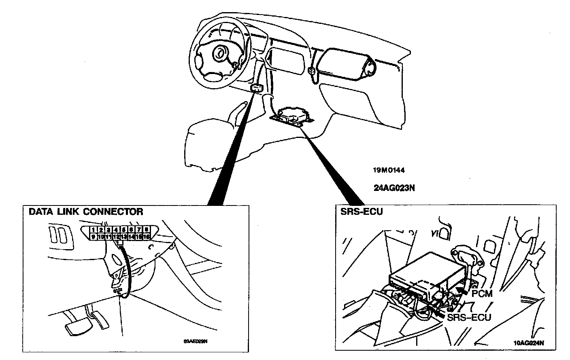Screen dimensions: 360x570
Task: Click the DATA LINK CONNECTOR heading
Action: pyautogui.click(x=86, y=212)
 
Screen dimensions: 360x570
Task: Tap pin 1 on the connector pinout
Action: pyautogui.click(x=93, y=230)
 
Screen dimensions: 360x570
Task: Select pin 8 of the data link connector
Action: pyautogui.click(x=146, y=230)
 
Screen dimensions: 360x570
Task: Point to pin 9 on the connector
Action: pyautogui.click(x=93, y=236)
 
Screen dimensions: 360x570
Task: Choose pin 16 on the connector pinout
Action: pyautogui.click(x=146, y=236)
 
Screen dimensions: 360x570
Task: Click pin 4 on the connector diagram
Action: pyautogui.click(x=116, y=230)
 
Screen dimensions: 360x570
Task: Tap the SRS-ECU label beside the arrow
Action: pyautogui.click(x=469, y=317)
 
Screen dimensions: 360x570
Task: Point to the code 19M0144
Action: pyautogui.click(x=389, y=170)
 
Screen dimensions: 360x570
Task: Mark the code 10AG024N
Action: pyautogui.click(x=529, y=342)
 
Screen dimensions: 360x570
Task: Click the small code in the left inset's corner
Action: pyautogui.click(x=196, y=341)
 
